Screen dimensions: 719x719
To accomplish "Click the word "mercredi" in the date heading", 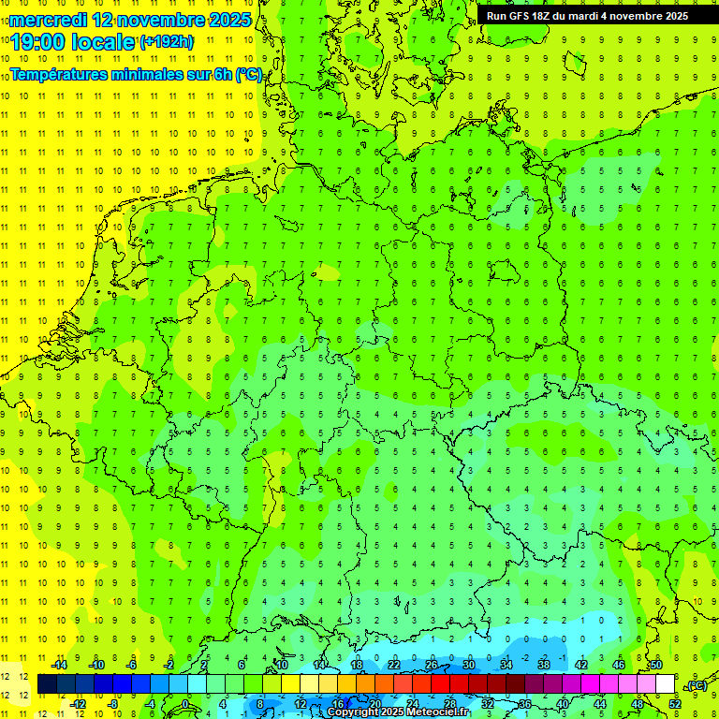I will click(x=43, y=20).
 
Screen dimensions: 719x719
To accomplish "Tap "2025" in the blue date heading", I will click(x=224, y=20).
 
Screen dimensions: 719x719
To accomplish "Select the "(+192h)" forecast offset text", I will click(x=167, y=42).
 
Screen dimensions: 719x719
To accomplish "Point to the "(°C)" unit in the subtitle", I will click(x=248, y=74).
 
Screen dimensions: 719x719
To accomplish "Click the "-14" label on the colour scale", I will click(x=58, y=665).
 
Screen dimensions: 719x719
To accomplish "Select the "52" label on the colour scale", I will click(x=675, y=703).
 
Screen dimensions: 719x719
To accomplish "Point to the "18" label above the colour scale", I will click(x=357, y=665).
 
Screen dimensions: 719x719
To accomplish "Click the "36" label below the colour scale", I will click(x=525, y=703).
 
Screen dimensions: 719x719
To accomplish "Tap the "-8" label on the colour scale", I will click(x=113, y=703).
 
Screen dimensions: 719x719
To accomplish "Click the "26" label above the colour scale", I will click(x=432, y=665).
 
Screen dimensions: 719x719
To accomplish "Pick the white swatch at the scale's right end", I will click(x=665, y=683).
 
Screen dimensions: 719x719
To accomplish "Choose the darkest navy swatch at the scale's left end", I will click(x=47, y=683).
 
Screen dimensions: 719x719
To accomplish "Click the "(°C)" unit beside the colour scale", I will click(x=696, y=685).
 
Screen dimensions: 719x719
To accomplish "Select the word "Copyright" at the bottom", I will click(x=353, y=712).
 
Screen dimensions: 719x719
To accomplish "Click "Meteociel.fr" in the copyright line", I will click(x=438, y=712).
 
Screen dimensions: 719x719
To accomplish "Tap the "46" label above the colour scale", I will click(x=619, y=665).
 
